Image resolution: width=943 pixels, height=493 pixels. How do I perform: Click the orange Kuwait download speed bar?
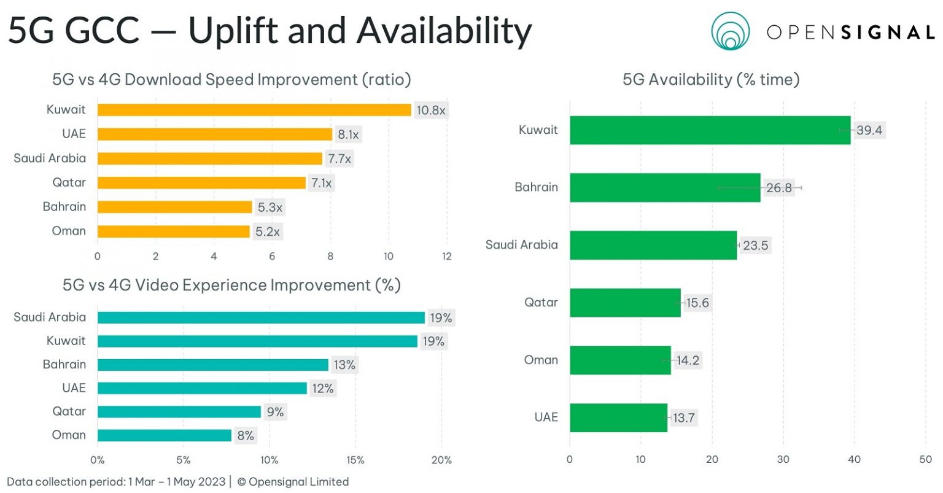[x=254, y=110]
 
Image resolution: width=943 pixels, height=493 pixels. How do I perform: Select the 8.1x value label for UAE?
[x=348, y=134]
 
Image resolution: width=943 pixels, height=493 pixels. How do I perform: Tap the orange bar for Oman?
[x=174, y=231]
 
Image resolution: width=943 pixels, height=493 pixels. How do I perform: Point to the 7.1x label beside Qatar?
[x=321, y=183]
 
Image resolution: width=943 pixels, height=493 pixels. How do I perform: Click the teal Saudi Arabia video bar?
[x=261, y=317]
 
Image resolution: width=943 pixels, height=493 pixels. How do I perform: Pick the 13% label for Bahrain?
[x=344, y=365]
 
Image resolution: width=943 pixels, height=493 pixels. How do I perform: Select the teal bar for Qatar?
[x=179, y=411]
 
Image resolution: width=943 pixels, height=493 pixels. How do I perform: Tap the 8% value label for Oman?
[x=246, y=435]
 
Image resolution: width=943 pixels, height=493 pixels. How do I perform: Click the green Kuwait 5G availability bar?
[x=710, y=130]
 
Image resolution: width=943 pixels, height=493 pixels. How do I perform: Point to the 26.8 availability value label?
[x=779, y=188]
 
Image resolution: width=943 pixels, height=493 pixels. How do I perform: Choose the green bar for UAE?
[x=618, y=417]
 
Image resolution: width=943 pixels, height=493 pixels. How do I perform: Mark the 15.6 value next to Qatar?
[x=697, y=303]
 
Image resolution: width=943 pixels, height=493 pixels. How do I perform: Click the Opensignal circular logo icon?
[x=731, y=31]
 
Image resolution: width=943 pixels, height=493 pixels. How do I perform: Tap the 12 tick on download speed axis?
[x=446, y=256]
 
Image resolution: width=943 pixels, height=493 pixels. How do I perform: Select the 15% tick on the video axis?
[x=355, y=460]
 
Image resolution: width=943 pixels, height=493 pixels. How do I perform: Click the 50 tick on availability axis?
[x=925, y=459]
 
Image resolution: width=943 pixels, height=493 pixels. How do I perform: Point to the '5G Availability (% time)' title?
[x=711, y=79]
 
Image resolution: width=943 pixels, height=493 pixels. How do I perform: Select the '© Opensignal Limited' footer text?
[x=293, y=482]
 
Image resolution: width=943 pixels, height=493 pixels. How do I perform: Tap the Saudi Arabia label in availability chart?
[x=522, y=245]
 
